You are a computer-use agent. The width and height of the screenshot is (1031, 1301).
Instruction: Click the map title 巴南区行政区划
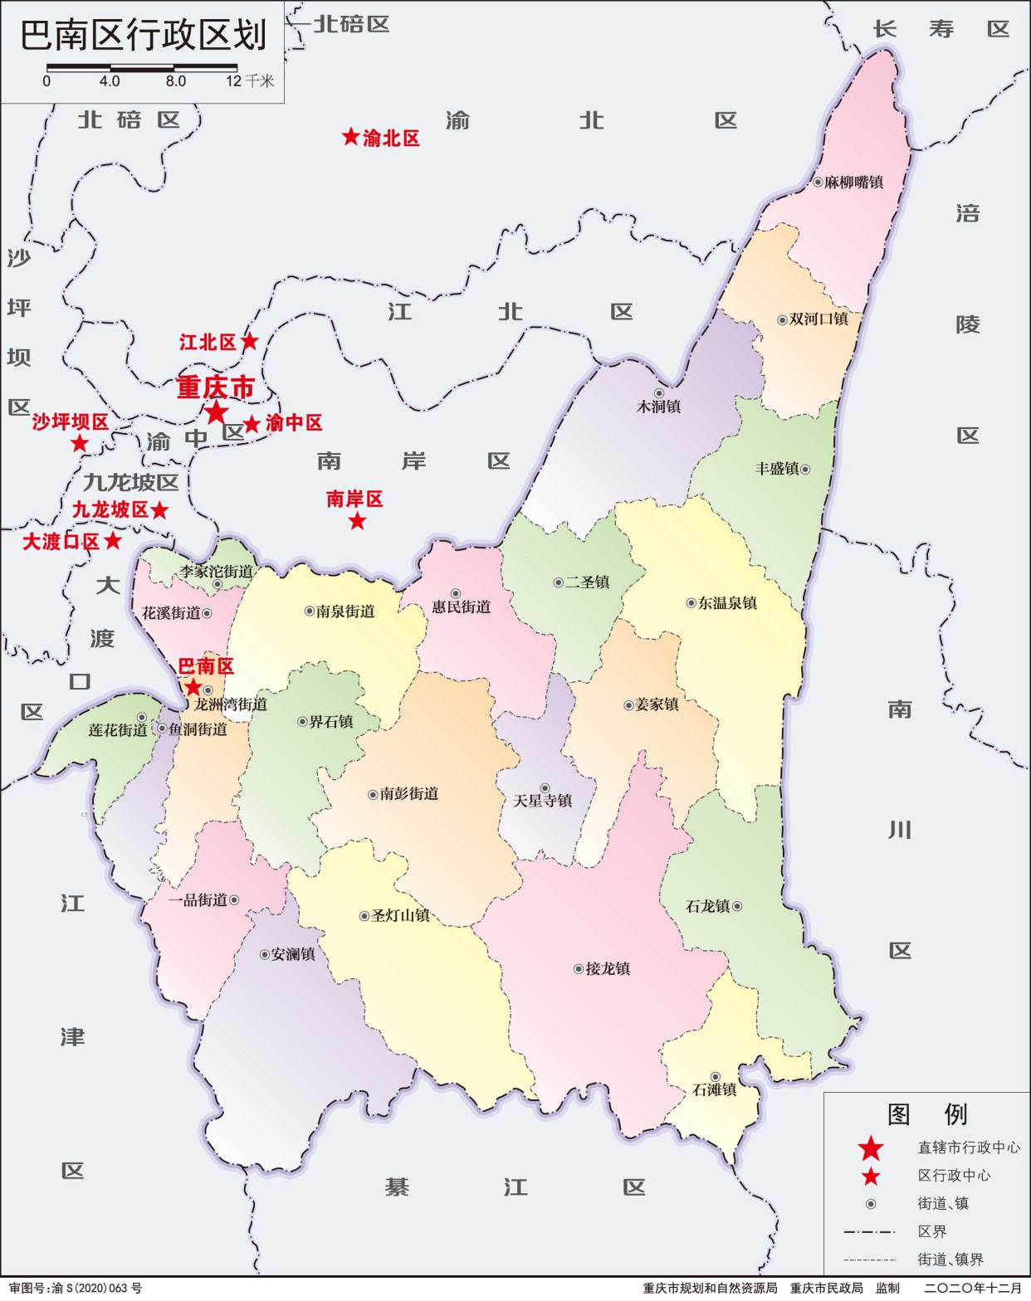click(x=144, y=35)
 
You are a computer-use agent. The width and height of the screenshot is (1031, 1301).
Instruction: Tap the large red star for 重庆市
click(x=216, y=412)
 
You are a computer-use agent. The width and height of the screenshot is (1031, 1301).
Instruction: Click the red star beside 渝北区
click(x=350, y=137)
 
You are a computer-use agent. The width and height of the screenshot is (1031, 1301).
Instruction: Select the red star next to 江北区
click(x=249, y=341)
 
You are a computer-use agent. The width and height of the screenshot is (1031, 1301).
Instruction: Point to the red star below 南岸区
click(x=357, y=521)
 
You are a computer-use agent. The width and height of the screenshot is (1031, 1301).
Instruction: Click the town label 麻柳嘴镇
click(x=854, y=182)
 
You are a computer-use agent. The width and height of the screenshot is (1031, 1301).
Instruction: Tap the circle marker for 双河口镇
click(x=782, y=319)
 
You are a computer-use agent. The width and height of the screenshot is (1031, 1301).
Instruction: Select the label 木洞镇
click(x=658, y=407)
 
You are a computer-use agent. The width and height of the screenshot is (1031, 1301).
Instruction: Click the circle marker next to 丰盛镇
click(x=804, y=469)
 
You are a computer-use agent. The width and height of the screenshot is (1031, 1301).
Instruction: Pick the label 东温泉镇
click(x=727, y=603)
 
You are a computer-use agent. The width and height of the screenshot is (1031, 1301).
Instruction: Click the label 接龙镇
click(x=608, y=968)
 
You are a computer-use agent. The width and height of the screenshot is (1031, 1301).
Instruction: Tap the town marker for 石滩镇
click(x=715, y=1077)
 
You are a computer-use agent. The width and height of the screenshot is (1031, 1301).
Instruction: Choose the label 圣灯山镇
click(x=400, y=916)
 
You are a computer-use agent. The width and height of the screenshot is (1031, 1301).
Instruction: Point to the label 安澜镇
click(x=293, y=955)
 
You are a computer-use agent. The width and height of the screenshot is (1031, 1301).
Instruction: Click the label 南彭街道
click(x=409, y=794)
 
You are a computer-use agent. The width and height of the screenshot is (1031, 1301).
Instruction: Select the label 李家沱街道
click(x=217, y=572)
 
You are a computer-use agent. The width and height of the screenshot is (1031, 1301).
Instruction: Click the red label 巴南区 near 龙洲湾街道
click(x=206, y=666)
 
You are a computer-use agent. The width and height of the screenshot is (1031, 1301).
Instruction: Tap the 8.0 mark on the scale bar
click(x=175, y=81)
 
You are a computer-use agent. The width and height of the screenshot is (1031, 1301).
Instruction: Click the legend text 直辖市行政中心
click(x=969, y=1148)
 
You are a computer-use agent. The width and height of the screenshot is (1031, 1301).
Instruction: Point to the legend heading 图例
click(x=927, y=1113)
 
